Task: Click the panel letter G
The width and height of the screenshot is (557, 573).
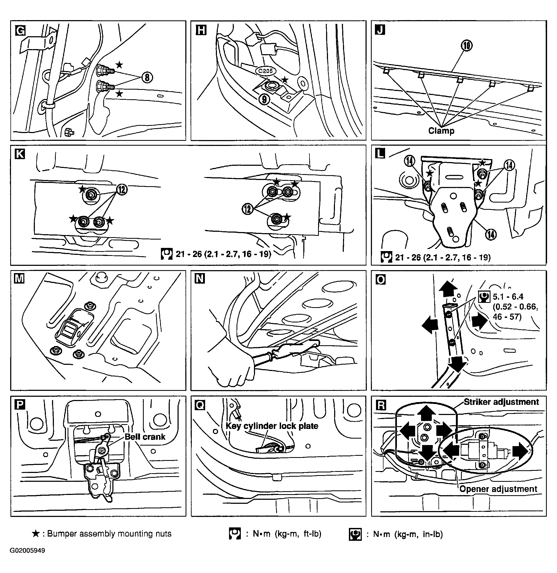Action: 20,30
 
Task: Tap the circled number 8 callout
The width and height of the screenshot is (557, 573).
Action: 147,77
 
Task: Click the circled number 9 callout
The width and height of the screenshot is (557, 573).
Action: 264,100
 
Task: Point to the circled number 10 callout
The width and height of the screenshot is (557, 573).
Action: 467,46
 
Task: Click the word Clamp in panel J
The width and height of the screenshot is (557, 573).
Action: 441,131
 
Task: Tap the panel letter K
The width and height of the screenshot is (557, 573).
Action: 20,154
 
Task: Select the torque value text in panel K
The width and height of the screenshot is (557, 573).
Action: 223,254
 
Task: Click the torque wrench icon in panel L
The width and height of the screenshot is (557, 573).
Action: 386,257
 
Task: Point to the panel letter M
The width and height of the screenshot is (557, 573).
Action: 19,278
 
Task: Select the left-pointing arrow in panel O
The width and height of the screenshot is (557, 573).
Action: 430,326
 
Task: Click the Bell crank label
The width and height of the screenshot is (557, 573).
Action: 145,437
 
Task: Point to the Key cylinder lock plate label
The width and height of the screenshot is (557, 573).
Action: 272,426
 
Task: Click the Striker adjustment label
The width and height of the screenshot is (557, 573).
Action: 501,402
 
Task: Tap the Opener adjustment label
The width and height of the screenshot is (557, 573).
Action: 498,489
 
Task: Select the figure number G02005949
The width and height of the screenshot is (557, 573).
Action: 28,550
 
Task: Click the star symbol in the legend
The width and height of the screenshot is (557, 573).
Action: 36,534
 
